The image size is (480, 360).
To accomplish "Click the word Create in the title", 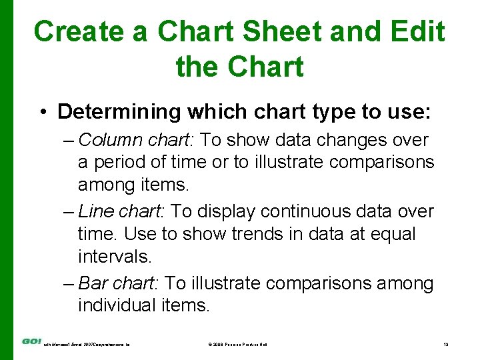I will pyautogui.click(x=90, y=31).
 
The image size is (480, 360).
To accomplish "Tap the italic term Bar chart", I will pyautogui.click(x=117, y=283).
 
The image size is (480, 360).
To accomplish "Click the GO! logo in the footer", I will pyautogui.click(x=31, y=341).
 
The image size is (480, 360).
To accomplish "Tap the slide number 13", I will pyautogui.click(x=447, y=344).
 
